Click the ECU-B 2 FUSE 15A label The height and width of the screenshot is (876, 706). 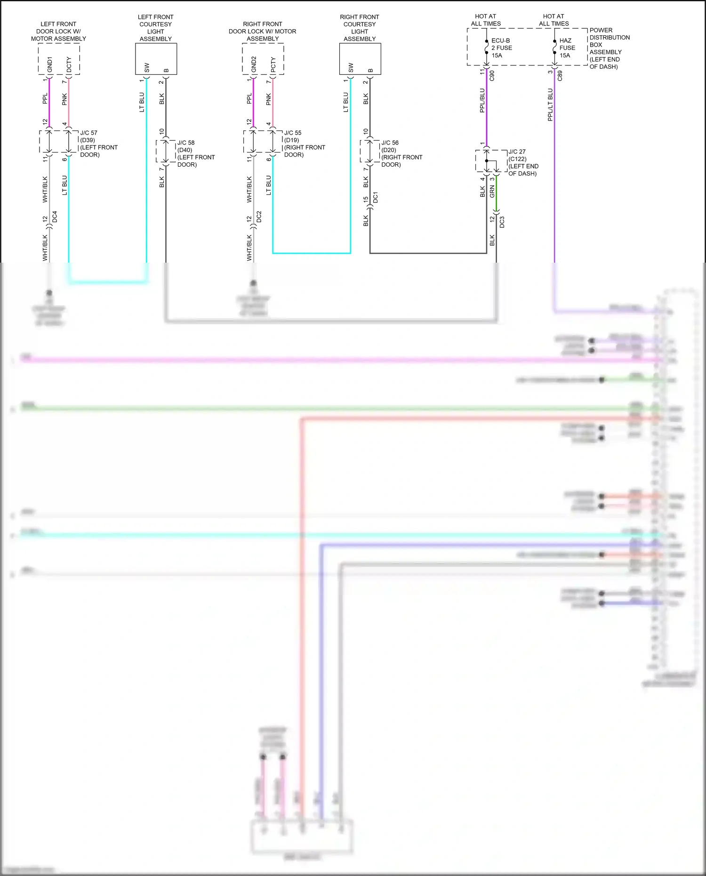(501, 48)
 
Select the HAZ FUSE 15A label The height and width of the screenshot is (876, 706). (567, 48)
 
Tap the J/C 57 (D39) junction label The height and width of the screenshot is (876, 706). (98, 144)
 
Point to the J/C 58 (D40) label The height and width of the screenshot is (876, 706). (195, 153)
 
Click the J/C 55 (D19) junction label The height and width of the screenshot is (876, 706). (304, 144)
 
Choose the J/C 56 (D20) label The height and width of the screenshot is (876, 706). (401, 153)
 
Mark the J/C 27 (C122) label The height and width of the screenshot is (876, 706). (523, 162)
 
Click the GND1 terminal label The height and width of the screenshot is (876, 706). (50, 64)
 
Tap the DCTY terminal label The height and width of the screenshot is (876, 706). (69, 64)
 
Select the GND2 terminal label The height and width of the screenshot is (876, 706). (254, 64)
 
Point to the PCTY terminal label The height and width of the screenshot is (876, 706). (273, 64)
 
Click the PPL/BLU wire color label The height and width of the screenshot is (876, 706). (482, 100)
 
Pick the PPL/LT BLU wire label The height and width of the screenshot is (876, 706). (550, 104)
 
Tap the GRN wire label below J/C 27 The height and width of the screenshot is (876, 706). (492, 191)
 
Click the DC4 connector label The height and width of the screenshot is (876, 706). (55, 217)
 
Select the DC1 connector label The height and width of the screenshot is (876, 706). (376, 198)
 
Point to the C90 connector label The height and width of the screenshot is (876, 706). (492, 75)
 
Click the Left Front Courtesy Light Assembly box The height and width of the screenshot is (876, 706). (156, 59)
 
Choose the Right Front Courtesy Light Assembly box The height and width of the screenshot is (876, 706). (360, 59)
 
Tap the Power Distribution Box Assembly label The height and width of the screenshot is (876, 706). (609, 48)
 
